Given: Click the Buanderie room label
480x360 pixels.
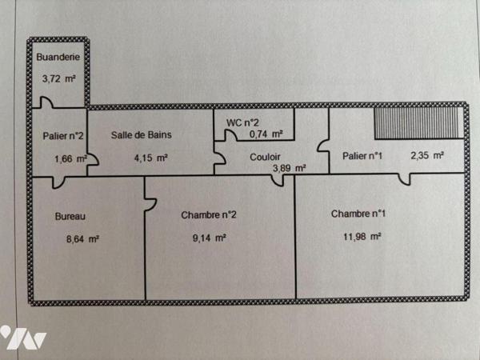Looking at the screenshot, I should pyautogui.click(x=58, y=58).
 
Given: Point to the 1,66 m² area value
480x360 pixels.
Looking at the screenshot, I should pyautogui.click(x=70, y=158).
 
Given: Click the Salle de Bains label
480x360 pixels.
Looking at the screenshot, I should pyautogui.click(x=141, y=134).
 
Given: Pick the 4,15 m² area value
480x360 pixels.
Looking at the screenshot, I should pyautogui.click(x=150, y=158).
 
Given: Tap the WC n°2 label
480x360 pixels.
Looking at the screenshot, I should pyautogui.click(x=242, y=122).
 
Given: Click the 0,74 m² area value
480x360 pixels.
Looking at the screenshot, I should pyautogui.click(x=266, y=134).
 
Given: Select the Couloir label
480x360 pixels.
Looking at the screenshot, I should pyautogui.click(x=264, y=157).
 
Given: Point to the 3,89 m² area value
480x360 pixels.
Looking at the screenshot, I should pyautogui.click(x=289, y=168).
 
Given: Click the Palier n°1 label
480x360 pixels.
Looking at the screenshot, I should pyautogui.click(x=362, y=156).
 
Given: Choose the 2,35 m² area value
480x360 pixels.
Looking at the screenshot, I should pyautogui.click(x=427, y=156).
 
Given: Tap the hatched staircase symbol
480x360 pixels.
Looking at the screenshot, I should pyautogui.click(x=417, y=124).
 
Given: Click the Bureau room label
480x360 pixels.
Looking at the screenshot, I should pyautogui.click(x=70, y=216).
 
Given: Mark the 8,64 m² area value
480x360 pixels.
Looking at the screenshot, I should pyautogui.click(x=82, y=238).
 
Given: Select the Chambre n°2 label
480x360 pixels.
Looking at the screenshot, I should pyautogui.click(x=208, y=214).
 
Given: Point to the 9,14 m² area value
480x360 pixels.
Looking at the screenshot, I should pyautogui.click(x=210, y=238).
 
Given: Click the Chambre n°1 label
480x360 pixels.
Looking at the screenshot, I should pyautogui.click(x=358, y=214).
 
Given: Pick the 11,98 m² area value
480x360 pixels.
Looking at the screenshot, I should pyautogui.click(x=362, y=236).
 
